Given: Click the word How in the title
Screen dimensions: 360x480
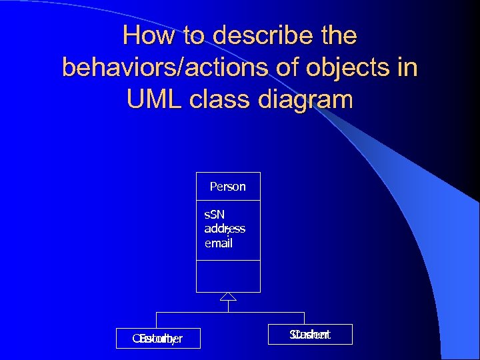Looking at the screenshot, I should (x=147, y=36).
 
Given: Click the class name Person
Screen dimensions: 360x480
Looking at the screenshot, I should (x=227, y=187).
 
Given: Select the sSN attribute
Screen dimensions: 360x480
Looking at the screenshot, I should (x=214, y=215).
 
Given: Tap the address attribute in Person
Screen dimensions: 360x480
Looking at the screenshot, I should (x=225, y=229).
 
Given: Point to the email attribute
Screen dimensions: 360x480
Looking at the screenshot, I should (x=218, y=243).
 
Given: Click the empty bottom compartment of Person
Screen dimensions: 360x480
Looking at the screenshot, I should (x=228, y=276).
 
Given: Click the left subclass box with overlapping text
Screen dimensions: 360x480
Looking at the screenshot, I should (x=157, y=339).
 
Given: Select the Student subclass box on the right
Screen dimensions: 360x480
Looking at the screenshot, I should (x=310, y=335).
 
